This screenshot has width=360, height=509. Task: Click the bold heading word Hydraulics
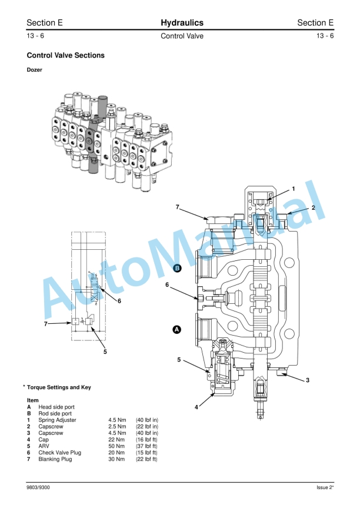pos(182,23)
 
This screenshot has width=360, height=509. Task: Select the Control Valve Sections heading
pos(66,56)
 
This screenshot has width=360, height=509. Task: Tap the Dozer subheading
pos(35,70)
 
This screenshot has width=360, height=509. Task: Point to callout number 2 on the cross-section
pos(314,207)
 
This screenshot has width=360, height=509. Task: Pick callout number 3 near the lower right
pos(307,380)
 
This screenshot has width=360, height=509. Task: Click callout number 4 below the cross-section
pos(196,407)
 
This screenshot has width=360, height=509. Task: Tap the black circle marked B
pos(177,268)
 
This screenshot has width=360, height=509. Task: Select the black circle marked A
pos(176,330)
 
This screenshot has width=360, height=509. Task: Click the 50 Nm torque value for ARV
pos(116,446)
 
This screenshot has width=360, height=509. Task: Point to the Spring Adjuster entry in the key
pos(57,420)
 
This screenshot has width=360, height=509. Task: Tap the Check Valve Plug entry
pos(59,453)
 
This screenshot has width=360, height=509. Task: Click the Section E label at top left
pos(45,23)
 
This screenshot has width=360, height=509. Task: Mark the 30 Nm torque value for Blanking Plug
pos(116,459)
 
